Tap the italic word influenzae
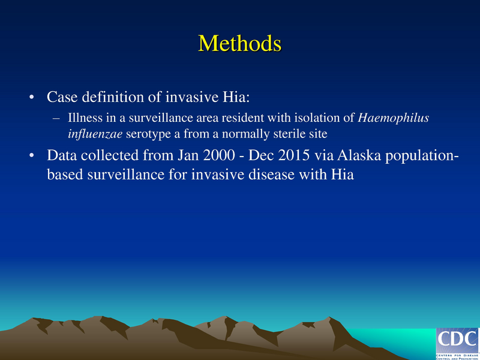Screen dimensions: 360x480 pos(91,133)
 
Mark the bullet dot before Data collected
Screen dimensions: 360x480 pos(31,157)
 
